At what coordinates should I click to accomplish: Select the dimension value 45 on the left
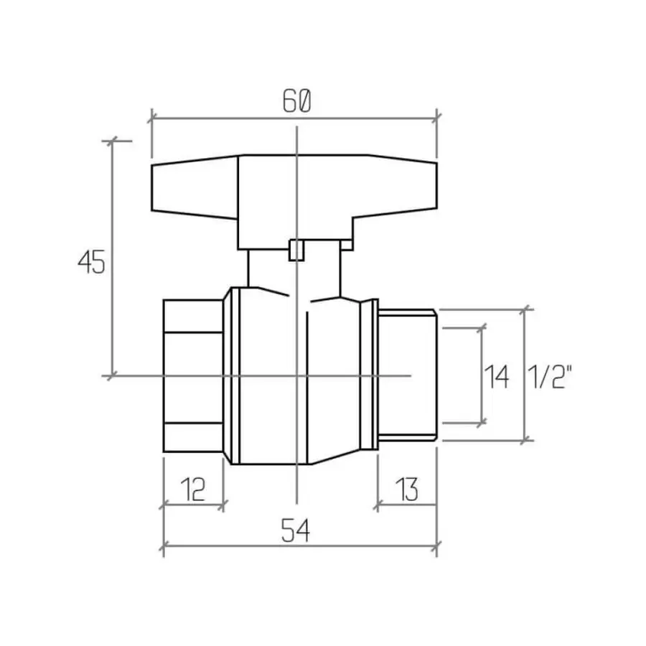point(92,263)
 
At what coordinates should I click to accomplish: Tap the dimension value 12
point(192,490)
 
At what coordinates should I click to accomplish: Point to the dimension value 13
point(406,490)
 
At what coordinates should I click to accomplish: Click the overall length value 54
point(295,532)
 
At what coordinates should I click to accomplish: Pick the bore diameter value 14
point(497,376)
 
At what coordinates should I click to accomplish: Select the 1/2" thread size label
point(551,376)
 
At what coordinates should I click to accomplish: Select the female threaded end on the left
point(192,375)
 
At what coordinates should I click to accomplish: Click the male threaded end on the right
point(407,375)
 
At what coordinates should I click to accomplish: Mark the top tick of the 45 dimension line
point(112,141)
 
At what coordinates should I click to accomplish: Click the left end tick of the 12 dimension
point(164,505)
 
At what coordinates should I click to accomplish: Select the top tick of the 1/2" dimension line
point(528,310)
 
